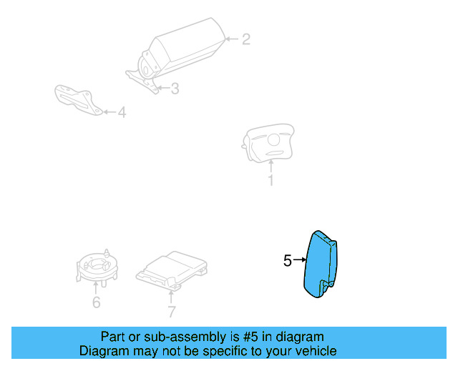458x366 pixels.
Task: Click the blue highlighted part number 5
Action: [321, 267]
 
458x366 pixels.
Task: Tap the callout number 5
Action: [288, 262]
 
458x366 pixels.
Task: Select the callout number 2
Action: [245, 39]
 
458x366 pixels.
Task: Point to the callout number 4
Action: [122, 112]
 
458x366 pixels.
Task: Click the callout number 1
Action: [271, 180]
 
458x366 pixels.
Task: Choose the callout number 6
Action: [96, 303]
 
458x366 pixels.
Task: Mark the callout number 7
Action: [171, 311]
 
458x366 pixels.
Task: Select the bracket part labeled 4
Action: [77, 99]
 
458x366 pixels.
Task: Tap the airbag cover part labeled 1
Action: [269, 142]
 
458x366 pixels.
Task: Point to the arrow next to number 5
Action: [299, 262]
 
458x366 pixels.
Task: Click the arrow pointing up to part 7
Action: [171, 295]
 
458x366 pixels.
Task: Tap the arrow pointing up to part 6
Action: [96, 287]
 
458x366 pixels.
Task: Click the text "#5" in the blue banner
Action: [248, 337]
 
